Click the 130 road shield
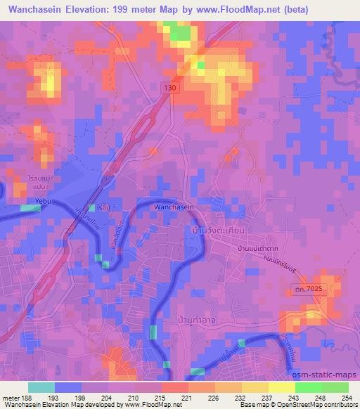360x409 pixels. pos(167,86)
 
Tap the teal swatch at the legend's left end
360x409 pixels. pos(41,387)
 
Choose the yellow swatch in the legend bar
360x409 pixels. pos(282,387)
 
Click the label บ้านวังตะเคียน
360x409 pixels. pos(218,231)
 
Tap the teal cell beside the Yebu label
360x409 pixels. pos(30,208)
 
